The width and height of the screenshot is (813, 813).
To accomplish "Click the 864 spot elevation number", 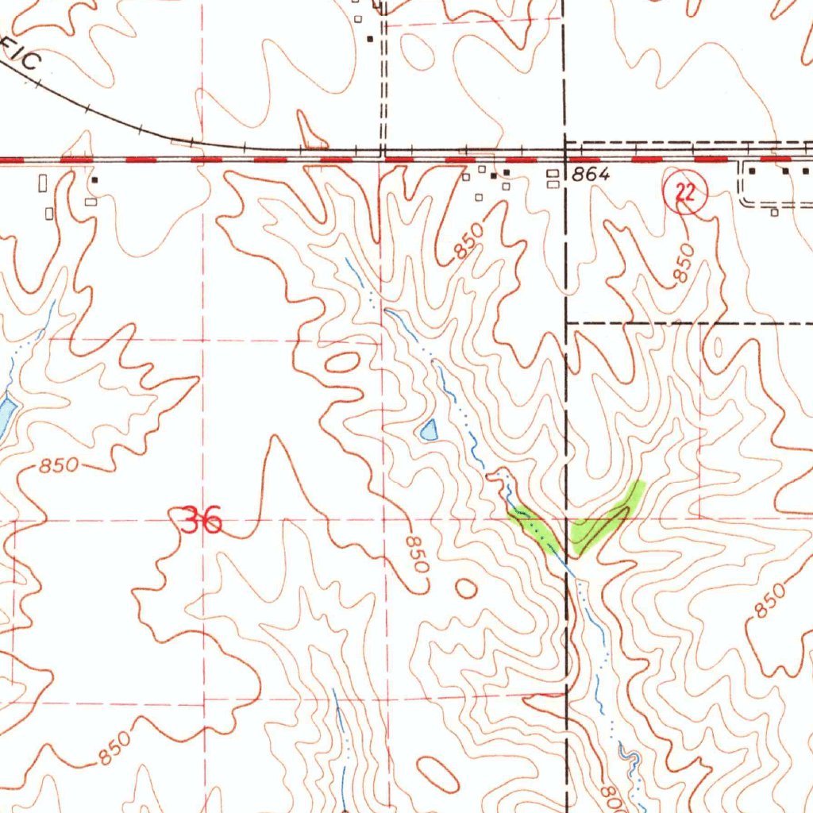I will point(590,175).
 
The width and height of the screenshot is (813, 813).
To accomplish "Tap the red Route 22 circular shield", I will point(684,193).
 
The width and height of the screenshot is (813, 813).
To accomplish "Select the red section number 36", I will point(201,522).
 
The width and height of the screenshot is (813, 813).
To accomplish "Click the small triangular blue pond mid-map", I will point(429,430).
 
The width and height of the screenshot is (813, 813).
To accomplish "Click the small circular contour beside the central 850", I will point(465,588).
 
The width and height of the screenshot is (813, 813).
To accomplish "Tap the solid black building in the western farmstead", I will point(95,180).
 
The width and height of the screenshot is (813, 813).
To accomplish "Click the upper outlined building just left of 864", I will point(553,172).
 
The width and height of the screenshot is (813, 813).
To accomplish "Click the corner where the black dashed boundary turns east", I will point(565,323).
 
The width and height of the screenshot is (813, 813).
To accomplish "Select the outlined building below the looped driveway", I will point(774,212).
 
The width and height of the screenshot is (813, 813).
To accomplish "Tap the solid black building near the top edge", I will point(369,37).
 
